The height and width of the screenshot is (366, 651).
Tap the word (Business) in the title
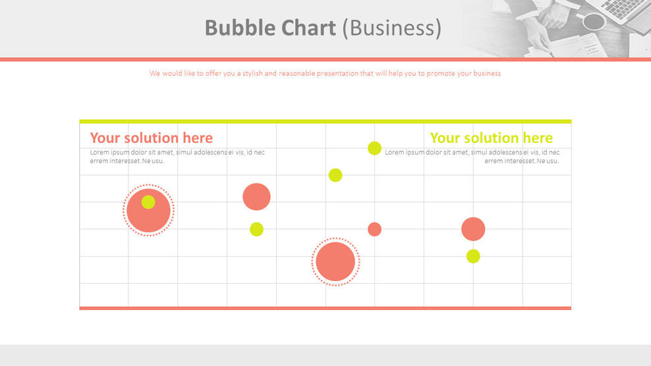(392, 28)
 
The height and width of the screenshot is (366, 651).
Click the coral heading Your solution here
(151, 138)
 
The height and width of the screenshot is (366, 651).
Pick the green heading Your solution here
(491, 138)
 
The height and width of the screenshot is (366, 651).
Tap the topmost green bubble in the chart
(374, 148)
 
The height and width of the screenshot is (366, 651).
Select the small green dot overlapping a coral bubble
(148, 202)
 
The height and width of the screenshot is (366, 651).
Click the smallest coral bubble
(374, 229)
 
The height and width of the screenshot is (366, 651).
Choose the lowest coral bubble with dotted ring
(335, 262)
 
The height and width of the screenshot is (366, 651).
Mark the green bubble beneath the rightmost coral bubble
(473, 256)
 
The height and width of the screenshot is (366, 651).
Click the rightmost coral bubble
(473, 229)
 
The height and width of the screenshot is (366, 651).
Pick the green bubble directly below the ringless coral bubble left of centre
(256, 229)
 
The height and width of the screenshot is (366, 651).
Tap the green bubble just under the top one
(335, 175)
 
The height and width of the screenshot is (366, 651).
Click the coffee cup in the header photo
(592, 21)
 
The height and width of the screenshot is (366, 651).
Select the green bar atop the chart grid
(325, 121)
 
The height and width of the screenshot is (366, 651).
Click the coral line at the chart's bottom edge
(325, 308)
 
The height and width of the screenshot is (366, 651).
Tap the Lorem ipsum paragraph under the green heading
(472, 157)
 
